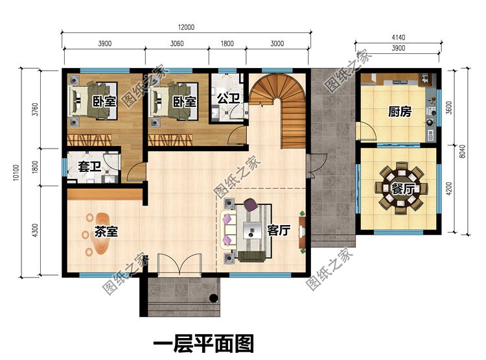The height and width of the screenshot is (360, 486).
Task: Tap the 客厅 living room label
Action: [278, 230]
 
